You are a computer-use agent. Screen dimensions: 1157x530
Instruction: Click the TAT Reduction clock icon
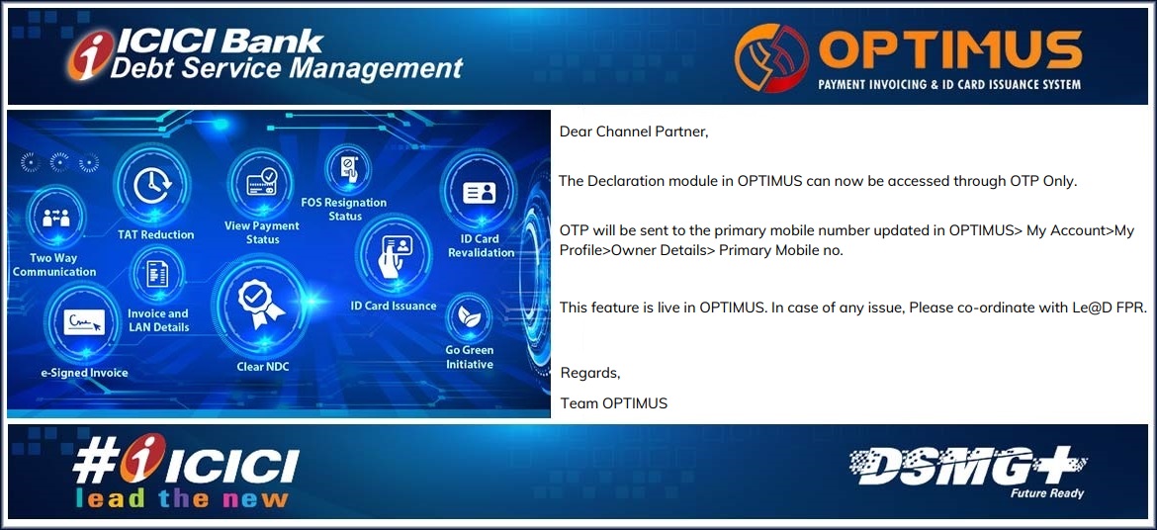[x=153, y=186]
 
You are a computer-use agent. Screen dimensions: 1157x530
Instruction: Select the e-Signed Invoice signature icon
[x=83, y=322]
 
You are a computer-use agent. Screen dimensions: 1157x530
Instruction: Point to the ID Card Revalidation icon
[x=479, y=193]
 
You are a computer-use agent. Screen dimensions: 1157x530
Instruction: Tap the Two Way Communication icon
[x=55, y=218]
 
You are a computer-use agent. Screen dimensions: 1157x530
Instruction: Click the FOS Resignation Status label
[x=344, y=209]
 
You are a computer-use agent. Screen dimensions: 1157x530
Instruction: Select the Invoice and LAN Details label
[x=158, y=320]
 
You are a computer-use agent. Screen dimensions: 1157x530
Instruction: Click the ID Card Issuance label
[x=394, y=306]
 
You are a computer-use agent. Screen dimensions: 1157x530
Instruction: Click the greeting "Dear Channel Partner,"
[x=634, y=132]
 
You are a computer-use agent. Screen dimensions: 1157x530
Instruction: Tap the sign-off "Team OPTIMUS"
[x=614, y=403]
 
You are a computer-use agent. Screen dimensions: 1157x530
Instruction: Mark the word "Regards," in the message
[x=590, y=374]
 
